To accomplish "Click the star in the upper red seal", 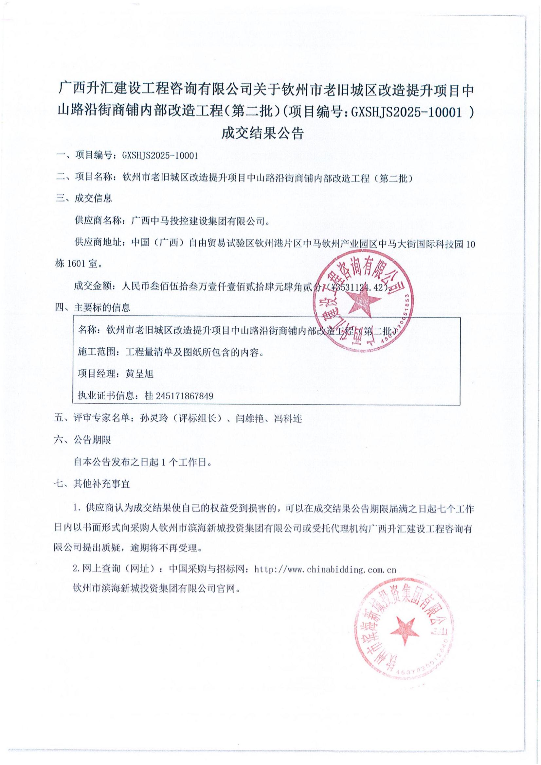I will point(363,304).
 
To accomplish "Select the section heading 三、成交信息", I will point(84,198).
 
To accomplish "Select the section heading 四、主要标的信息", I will point(92,307).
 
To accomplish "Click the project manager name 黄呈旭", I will point(139,374).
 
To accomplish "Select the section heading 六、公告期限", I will point(82,440).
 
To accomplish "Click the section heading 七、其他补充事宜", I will point(92,484).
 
